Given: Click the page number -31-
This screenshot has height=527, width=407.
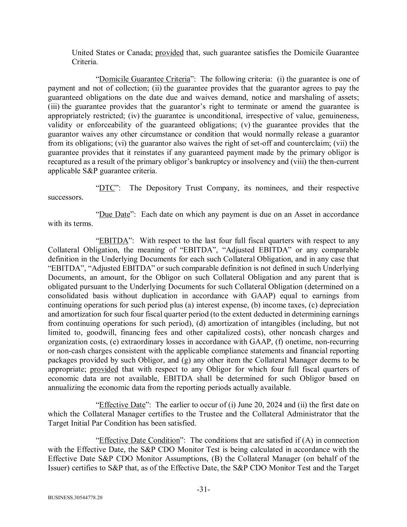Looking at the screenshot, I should (x=203, y=490).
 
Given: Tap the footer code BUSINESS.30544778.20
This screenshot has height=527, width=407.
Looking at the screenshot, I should (x=75, y=498).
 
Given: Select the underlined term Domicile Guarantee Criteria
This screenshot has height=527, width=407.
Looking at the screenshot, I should (x=145, y=79).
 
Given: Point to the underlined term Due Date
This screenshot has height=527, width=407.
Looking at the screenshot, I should (x=115, y=214).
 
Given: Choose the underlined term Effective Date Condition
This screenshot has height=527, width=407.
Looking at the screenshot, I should (x=139, y=440).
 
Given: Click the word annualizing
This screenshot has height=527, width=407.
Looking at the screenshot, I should (x=68, y=388).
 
